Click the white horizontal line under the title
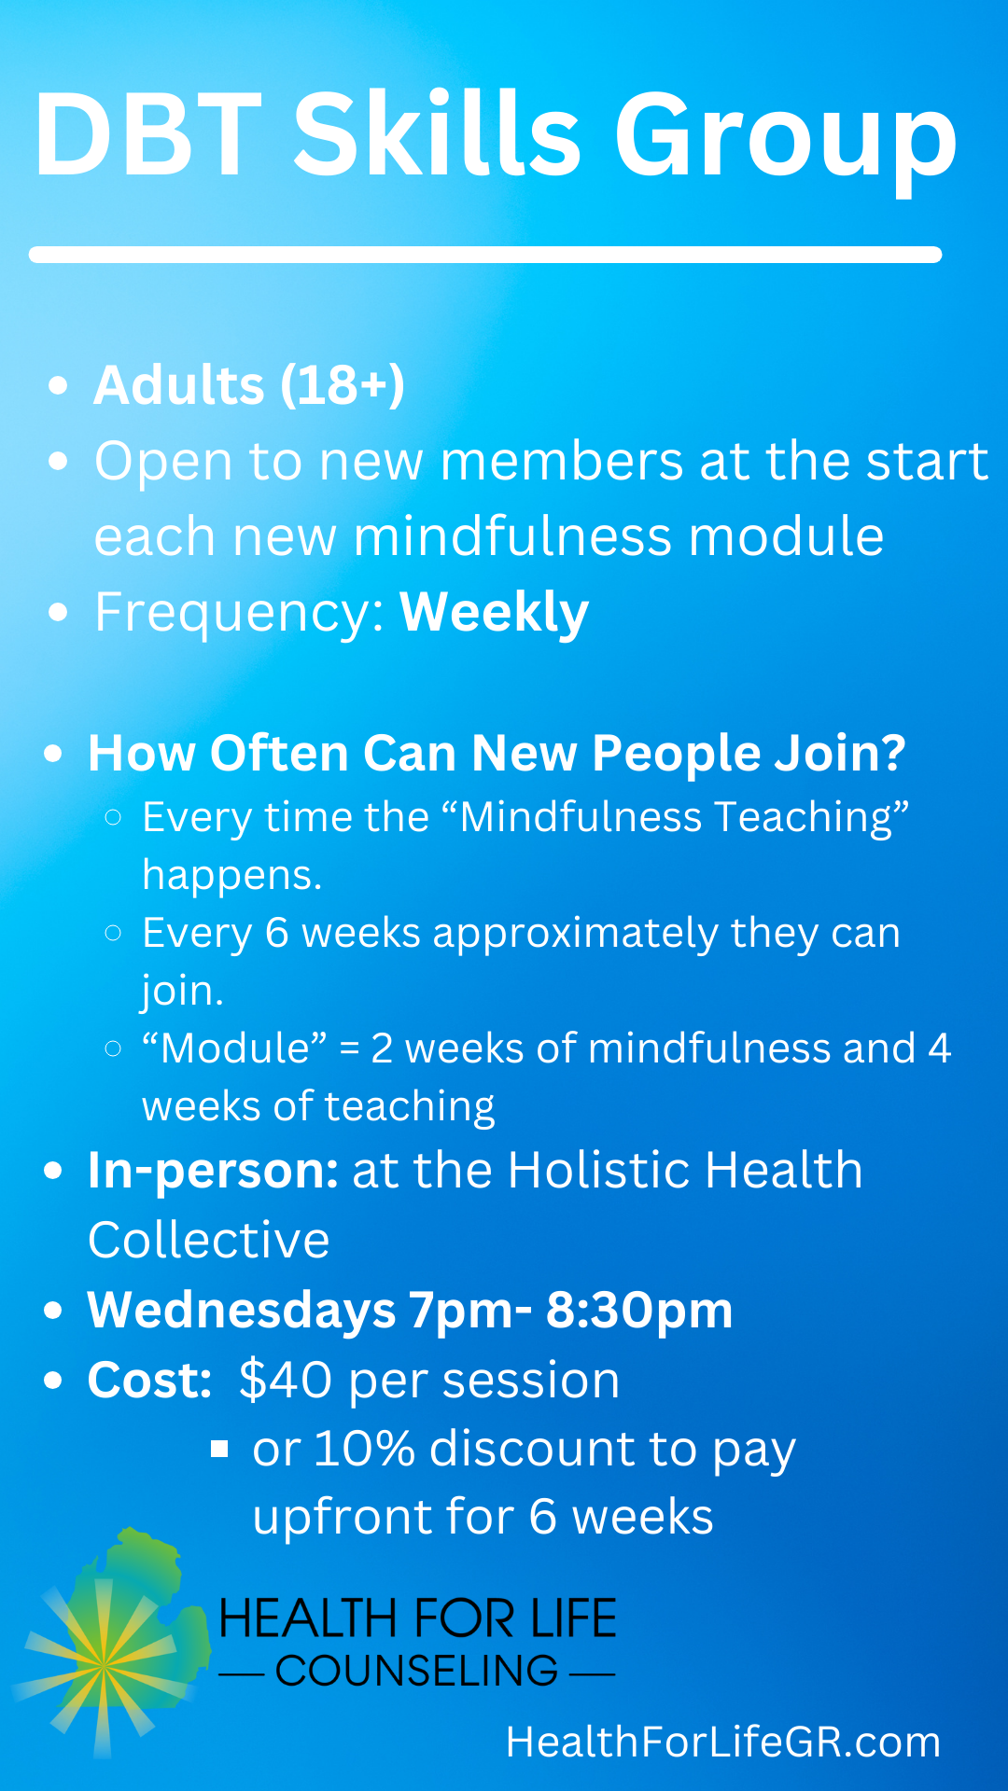point(485,255)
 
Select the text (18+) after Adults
point(343,384)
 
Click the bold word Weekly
point(495,613)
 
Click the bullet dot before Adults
point(59,385)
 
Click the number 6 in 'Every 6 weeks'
point(277,933)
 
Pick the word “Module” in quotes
point(234,1048)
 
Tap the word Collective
point(209,1240)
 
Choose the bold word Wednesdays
point(242,1310)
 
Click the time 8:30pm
point(639,1310)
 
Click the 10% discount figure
point(364,1449)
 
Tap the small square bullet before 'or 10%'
point(219,1449)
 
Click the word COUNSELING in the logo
point(417,1671)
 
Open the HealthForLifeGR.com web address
point(723,1742)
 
